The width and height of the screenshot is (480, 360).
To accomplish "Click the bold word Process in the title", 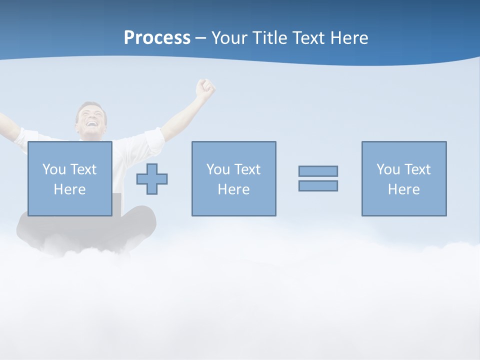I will click(157, 38).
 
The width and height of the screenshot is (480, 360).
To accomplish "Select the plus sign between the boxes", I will click(152, 178).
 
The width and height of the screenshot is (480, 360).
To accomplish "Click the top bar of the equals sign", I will click(318, 171).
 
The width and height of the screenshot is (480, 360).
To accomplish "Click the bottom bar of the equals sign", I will click(318, 185).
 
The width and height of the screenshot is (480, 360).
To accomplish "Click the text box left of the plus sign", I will click(69, 178).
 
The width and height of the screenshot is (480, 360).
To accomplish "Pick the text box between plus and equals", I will click(233, 178).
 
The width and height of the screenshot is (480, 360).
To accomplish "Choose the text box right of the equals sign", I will click(403, 178).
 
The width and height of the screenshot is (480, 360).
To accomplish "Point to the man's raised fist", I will click(205, 88).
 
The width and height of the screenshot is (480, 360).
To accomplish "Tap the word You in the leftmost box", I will click(54, 169).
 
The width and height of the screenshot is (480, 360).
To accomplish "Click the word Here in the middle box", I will click(233, 189).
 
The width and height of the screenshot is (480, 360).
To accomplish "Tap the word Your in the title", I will click(229, 38).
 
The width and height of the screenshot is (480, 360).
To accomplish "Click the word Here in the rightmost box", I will click(403, 189).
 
